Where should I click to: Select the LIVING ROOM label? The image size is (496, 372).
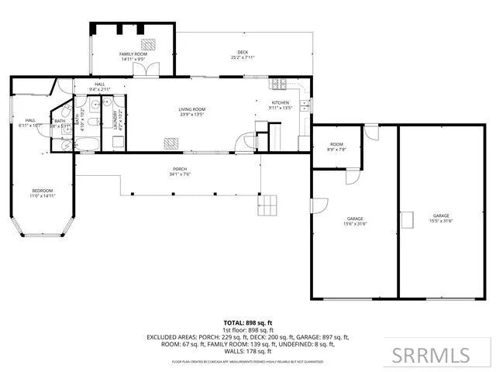click(x=191, y=112)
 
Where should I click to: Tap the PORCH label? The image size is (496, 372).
click(x=180, y=170)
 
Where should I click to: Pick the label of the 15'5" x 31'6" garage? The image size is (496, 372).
click(x=441, y=218)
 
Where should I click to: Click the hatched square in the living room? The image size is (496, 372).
click(x=170, y=142)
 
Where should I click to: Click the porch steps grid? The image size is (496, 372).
click(x=269, y=204)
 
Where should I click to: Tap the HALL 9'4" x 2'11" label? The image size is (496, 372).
click(x=100, y=87)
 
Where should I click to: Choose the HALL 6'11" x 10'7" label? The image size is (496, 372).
click(x=30, y=122)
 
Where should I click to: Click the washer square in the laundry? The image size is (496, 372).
click(x=119, y=142)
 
